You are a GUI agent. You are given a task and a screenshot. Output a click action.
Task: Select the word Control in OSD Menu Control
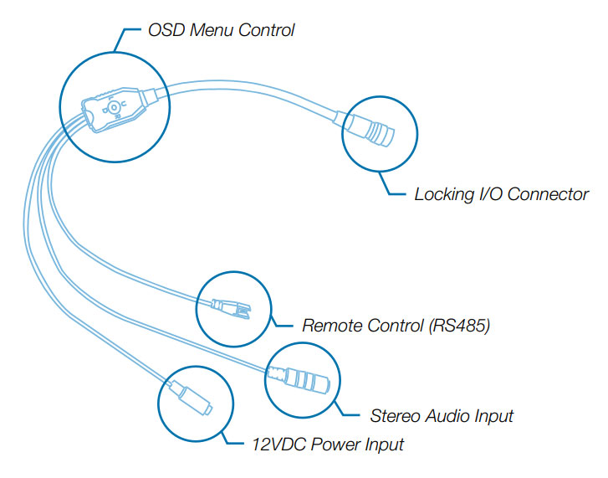click(267, 31)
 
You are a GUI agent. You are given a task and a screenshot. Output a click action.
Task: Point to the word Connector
click(549, 194)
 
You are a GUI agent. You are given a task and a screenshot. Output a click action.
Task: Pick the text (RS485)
click(459, 325)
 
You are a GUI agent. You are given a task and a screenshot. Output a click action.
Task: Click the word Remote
click(331, 325)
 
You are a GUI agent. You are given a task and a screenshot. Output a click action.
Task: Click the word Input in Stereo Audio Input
click(493, 415)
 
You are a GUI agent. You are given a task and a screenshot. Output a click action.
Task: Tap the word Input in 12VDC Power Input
click(384, 444)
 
